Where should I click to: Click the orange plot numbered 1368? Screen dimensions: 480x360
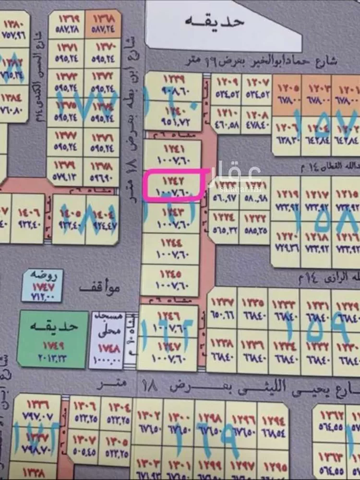coord(103,24)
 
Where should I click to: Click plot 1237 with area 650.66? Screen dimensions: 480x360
coord(222,308)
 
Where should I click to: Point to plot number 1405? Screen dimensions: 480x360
coord(69,219)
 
